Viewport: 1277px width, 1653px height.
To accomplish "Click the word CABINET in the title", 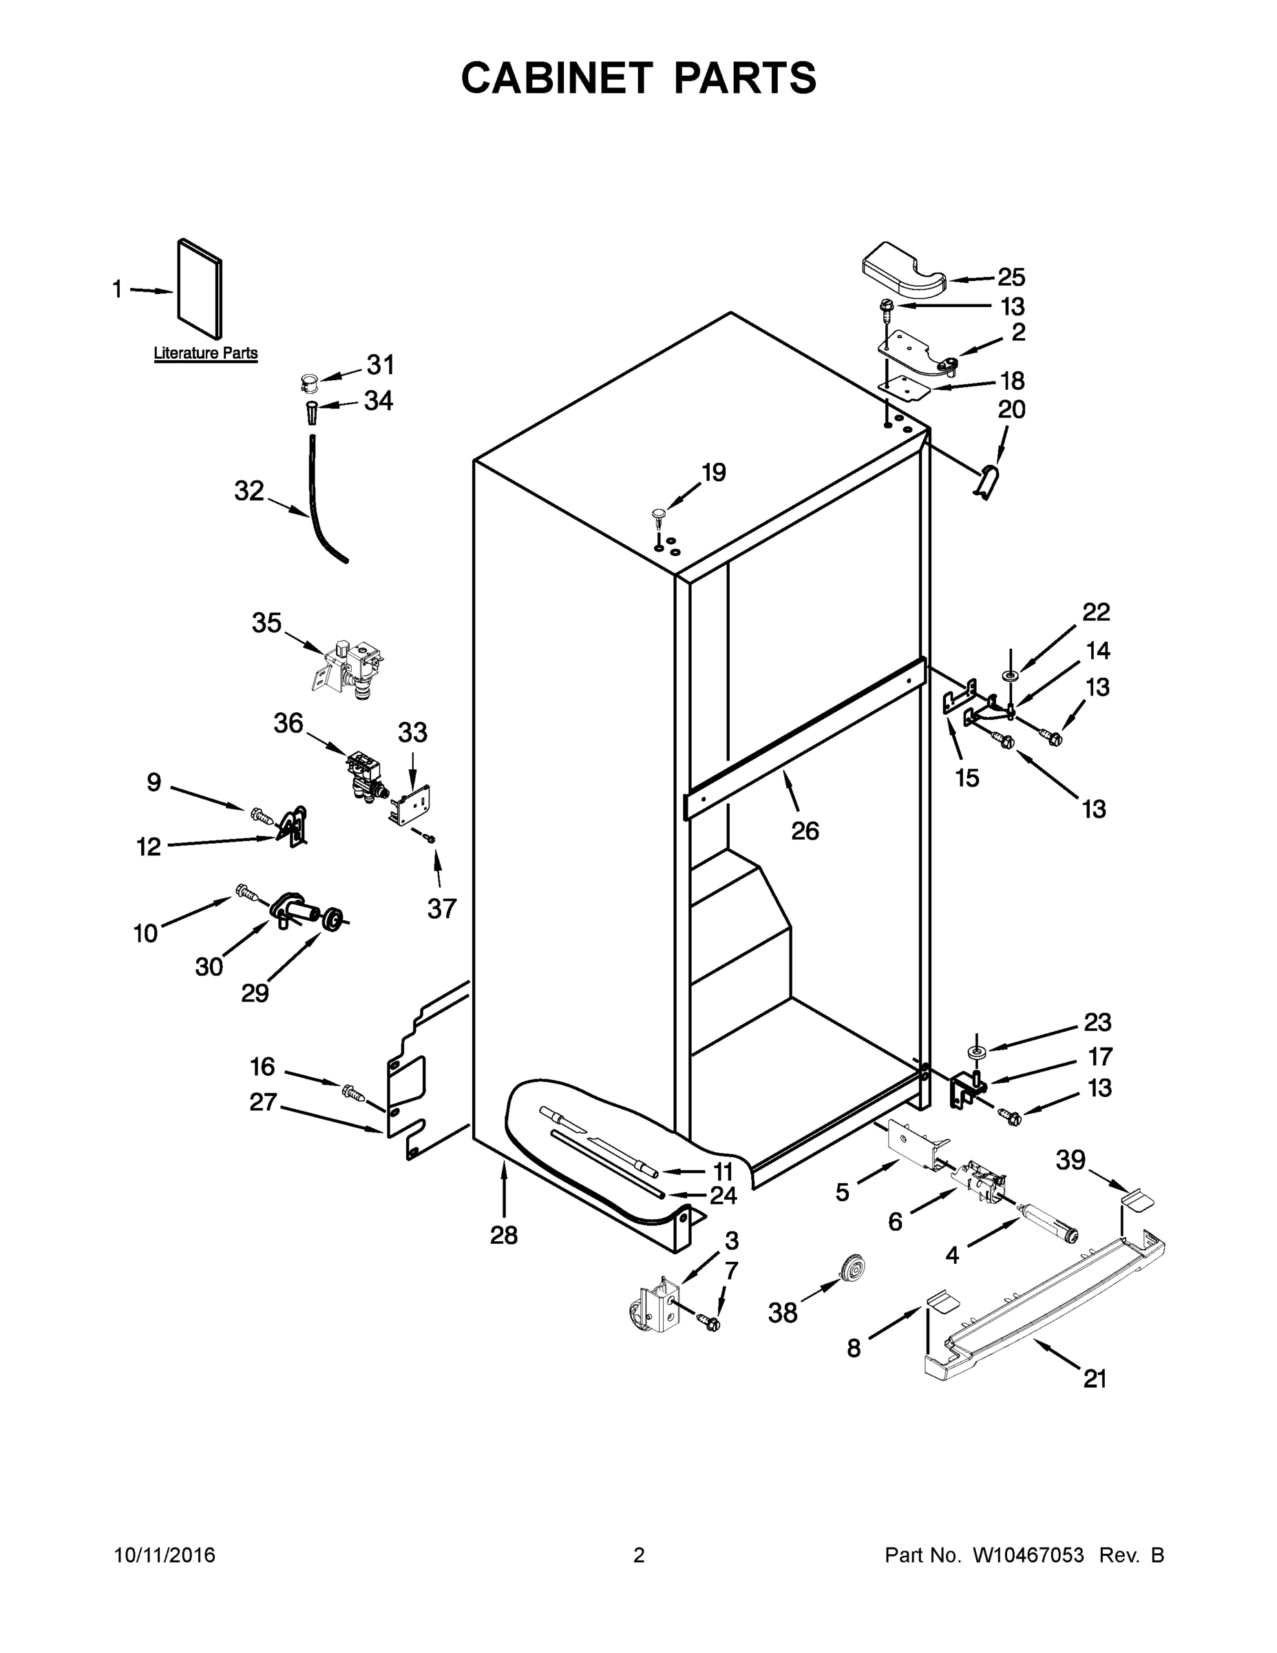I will click(557, 78).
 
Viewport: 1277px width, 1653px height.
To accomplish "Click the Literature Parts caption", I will click(206, 353).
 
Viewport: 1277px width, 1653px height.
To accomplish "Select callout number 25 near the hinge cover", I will click(1011, 278).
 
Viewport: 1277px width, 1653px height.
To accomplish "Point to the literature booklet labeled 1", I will click(200, 289).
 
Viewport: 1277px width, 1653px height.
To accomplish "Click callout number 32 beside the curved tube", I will click(249, 491).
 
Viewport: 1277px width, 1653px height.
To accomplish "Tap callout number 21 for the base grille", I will click(1095, 1379).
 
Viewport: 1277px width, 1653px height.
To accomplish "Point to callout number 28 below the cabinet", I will click(504, 1235).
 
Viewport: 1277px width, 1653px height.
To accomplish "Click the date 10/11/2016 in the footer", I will click(165, 1555).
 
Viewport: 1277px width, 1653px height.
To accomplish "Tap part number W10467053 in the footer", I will click(1027, 1555).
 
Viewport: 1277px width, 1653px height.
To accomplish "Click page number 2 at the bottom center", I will click(639, 1555).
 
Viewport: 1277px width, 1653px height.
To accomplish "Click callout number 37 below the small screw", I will click(442, 908).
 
